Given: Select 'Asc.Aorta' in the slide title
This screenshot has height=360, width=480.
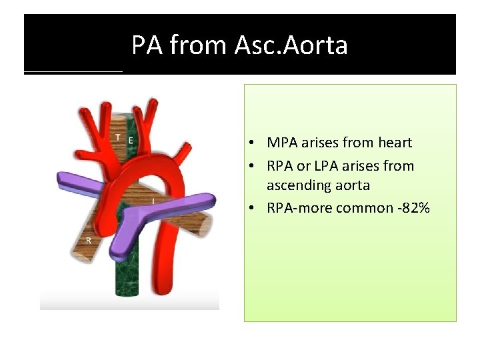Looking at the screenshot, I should tap(291, 45).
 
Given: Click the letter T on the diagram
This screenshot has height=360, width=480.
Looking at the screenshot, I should tap(118, 137).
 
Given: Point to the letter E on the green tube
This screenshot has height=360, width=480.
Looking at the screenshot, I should tap(131, 139).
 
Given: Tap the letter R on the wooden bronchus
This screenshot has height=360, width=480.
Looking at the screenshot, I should tap(88, 240).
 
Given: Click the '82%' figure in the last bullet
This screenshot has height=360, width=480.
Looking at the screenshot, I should tap(415, 208).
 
